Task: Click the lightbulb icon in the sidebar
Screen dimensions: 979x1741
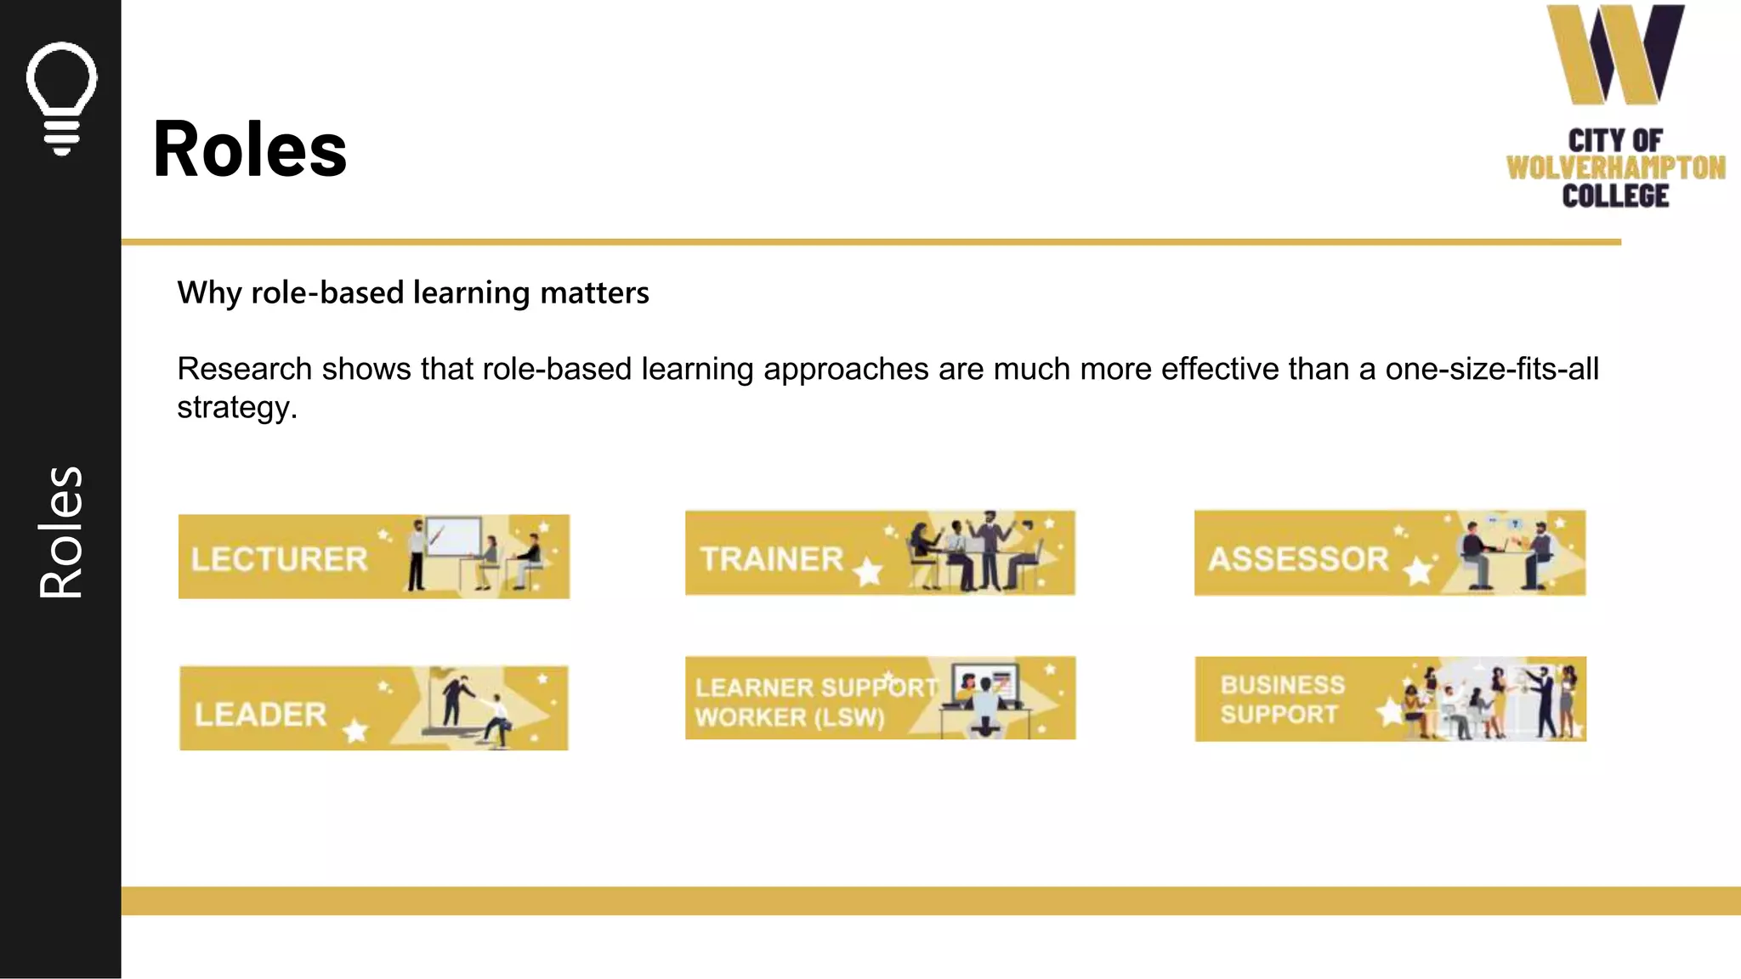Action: coord(61,98)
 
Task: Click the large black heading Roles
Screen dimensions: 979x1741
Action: coord(250,150)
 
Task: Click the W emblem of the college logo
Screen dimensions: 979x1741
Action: coord(1615,54)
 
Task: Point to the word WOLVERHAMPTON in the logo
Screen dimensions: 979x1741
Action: coord(1615,167)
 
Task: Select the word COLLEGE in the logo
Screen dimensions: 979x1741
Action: coord(1615,196)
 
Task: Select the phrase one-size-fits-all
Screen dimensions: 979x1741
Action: coord(1492,370)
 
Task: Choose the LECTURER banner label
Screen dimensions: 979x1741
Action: coord(280,559)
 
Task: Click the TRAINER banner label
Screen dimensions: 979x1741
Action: coord(772,559)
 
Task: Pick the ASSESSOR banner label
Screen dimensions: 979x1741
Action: coord(1298,559)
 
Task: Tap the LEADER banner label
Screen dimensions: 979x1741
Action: coord(260,715)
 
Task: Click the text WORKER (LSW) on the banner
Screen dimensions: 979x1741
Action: coord(790,717)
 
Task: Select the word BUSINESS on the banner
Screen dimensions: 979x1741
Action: coord(1283,685)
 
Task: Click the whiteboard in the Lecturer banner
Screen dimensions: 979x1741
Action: coord(454,537)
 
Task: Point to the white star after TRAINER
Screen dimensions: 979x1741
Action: coord(868,571)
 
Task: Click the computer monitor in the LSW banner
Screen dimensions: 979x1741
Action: coord(986,684)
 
